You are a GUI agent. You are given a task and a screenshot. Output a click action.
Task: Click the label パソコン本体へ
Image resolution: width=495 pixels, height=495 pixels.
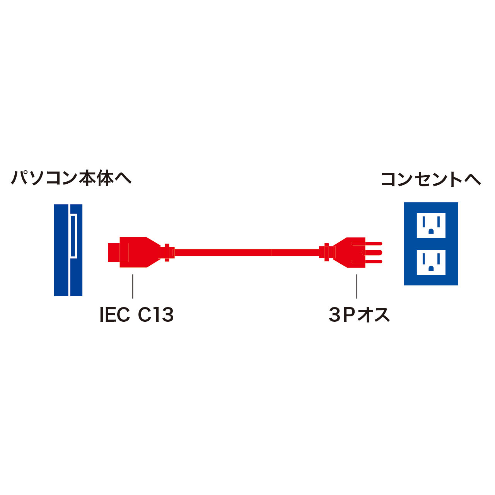coord(71,178)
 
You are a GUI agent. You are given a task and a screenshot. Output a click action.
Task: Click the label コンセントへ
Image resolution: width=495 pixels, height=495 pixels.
coord(430,179)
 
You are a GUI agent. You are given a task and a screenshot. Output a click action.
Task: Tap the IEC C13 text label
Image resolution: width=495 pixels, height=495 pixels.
coord(137,315)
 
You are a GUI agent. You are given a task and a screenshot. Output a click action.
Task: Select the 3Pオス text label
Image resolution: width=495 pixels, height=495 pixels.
coord(359,315)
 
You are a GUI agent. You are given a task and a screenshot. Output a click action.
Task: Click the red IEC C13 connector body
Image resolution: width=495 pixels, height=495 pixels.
coord(133,252)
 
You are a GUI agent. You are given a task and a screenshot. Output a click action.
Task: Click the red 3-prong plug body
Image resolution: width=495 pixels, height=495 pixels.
coord(349,253)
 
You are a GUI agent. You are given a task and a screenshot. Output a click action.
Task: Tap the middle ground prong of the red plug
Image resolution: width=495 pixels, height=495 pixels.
coord(372,253)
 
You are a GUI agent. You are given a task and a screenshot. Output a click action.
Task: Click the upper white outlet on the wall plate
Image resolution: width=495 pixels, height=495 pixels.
coord(431,225)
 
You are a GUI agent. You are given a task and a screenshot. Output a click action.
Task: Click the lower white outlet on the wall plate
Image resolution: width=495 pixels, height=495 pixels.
coord(431,262)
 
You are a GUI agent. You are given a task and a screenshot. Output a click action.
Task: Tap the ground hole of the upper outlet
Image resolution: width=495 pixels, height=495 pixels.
coord(431,231)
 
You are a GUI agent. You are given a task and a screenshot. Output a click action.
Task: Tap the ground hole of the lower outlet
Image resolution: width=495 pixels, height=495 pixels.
coord(431,268)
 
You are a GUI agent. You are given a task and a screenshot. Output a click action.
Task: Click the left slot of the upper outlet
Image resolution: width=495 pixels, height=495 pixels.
coord(423,222)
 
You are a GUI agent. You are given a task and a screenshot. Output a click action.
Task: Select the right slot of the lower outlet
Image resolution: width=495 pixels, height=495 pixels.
coord(439,258)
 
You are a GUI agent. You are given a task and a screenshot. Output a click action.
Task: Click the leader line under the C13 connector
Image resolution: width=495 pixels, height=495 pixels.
coord(133,287)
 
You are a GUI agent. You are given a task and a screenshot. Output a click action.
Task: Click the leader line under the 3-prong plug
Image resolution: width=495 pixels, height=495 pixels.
coord(357,287)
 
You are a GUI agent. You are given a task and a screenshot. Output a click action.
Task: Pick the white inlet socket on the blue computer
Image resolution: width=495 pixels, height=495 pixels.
coord(73,236)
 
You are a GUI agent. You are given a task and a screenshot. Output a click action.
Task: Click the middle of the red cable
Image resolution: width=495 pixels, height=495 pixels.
coord(247,253)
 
